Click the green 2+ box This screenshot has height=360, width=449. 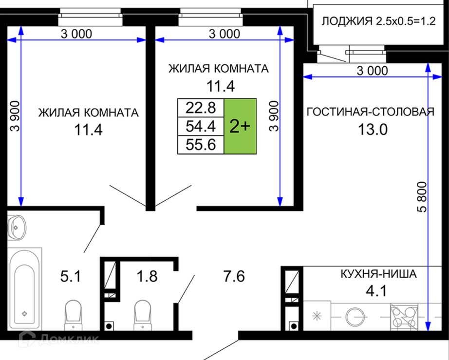[x=240, y=126]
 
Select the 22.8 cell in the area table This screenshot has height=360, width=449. [x=201, y=108]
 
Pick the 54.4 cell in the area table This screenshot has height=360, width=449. [x=201, y=126]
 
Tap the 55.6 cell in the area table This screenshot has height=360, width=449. [x=201, y=145]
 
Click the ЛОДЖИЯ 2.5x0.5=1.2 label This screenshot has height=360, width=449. [x=378, y=21]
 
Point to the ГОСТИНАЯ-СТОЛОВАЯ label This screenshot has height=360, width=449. [x=371, y=112]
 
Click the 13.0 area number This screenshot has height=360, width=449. [x=373, y=130]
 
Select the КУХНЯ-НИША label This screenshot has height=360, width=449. [x=378, y=274]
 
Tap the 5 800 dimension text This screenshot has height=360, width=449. [x=422, y=197]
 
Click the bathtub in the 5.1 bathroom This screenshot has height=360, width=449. [x=24, y=289]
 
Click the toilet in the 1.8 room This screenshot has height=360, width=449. [x=143, y=315]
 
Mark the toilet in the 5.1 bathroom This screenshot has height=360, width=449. [x=74, y=315]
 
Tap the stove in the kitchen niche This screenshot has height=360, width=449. [x=404, y=317]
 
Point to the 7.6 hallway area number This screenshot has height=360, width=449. [x=234, y=277]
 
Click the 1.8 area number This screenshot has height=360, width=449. [x=147, y=277]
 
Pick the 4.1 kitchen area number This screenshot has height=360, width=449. [x=376, y=291]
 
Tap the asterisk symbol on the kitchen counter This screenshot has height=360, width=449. [x=317, y=317]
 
